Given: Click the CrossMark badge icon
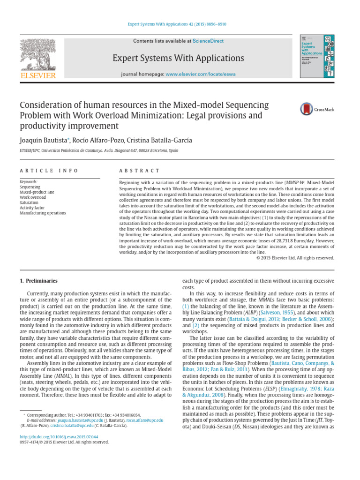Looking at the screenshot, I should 317,109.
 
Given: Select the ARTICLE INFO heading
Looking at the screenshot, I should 49,171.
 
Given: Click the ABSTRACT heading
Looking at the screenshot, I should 139,171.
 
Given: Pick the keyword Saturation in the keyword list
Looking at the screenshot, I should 30,202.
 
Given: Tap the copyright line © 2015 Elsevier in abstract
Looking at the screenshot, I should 295,257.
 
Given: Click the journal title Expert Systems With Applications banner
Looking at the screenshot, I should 178,58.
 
